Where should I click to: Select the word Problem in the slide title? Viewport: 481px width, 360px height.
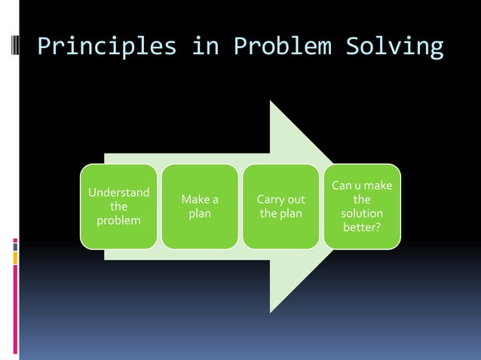282,47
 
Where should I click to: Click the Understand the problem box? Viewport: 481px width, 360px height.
119,206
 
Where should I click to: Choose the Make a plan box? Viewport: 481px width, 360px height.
200,206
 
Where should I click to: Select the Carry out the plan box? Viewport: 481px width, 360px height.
280,206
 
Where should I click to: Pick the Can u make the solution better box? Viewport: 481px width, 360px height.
362,206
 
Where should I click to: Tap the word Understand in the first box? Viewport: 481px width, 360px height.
118,192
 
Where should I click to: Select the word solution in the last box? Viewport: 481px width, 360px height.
362,214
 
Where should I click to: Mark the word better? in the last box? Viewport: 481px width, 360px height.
362,227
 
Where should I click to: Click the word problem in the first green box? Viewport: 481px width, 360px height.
118,221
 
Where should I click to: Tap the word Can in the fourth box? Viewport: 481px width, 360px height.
342,185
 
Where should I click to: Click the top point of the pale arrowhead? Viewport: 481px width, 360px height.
271,102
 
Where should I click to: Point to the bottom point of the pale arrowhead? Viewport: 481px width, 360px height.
271,311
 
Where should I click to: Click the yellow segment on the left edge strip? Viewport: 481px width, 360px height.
15,258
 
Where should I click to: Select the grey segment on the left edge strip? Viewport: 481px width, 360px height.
15,245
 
